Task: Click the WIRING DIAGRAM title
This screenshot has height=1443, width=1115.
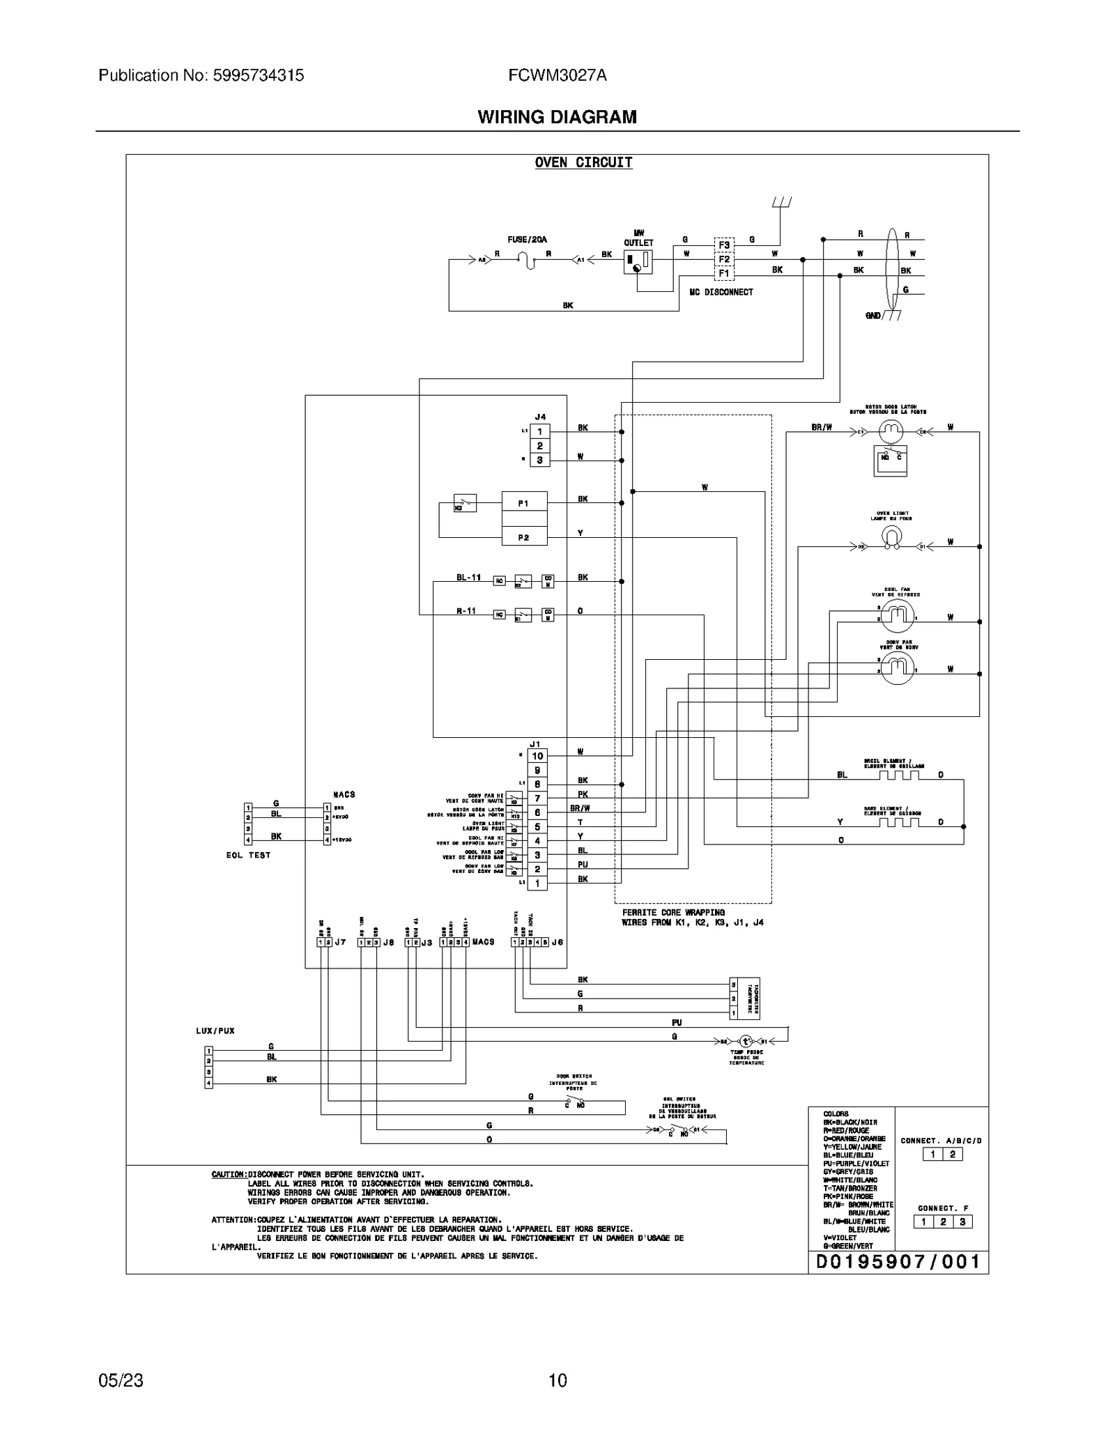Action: pyautogui.click(x=557, y=117)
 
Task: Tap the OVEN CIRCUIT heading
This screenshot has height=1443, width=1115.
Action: pyautogui.click(x=583, y=162)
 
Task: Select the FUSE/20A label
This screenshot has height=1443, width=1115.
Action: pyautogui.click(x=527, y=240)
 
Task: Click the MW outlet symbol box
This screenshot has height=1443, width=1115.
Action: pyautogui.click(x=638, y=262)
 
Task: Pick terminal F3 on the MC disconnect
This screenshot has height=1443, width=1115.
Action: pyautogui.click(x=724, y=245)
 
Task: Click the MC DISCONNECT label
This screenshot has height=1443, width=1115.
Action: pyautogui.click(x=721, y=292)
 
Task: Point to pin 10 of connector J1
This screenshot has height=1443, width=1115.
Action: pyautogui.click(x=537, y=756)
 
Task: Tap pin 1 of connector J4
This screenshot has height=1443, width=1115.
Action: pyautogui.click(x=539, y=432)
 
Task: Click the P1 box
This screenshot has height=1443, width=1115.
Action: pyautogui.click(x=524, y=503)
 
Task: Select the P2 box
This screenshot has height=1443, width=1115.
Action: pyautogui.click(x=524, y=538)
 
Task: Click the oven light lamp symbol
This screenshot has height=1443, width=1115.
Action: pyautogui.click(x=891, y=537)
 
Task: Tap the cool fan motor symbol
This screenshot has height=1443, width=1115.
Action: pyautogui.click(x=898, y=614)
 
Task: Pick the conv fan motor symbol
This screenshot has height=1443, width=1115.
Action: pyautogui.click(x=898, y=670)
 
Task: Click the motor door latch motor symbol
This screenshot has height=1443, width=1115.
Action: pyautogui.click(x=891, y=431)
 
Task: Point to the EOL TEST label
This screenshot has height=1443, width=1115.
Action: pyautogui.click(x=248, y=855)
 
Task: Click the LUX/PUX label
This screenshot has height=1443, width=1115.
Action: pyautogui.click(x=215, y=1031)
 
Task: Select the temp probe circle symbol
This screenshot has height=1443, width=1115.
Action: pyautogui.click(x=745, y=1042)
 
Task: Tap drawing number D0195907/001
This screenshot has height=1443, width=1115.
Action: pyautogui.click(x=898, y=1262)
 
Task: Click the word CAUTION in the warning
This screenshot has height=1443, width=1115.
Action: pyautogui.click(x=228, y=1175)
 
